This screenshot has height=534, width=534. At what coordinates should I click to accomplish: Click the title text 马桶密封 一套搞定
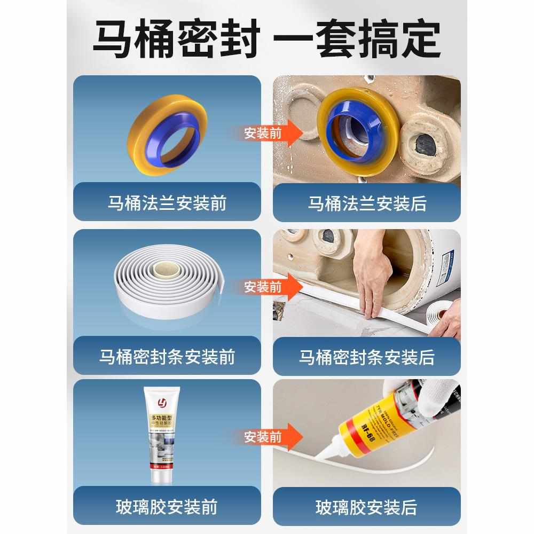[267, 40]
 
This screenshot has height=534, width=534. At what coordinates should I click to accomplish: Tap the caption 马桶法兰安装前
[167, 203]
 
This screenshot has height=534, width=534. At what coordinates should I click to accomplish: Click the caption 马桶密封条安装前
[167, 357]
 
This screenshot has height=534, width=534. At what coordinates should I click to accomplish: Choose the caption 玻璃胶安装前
[167, 507]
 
